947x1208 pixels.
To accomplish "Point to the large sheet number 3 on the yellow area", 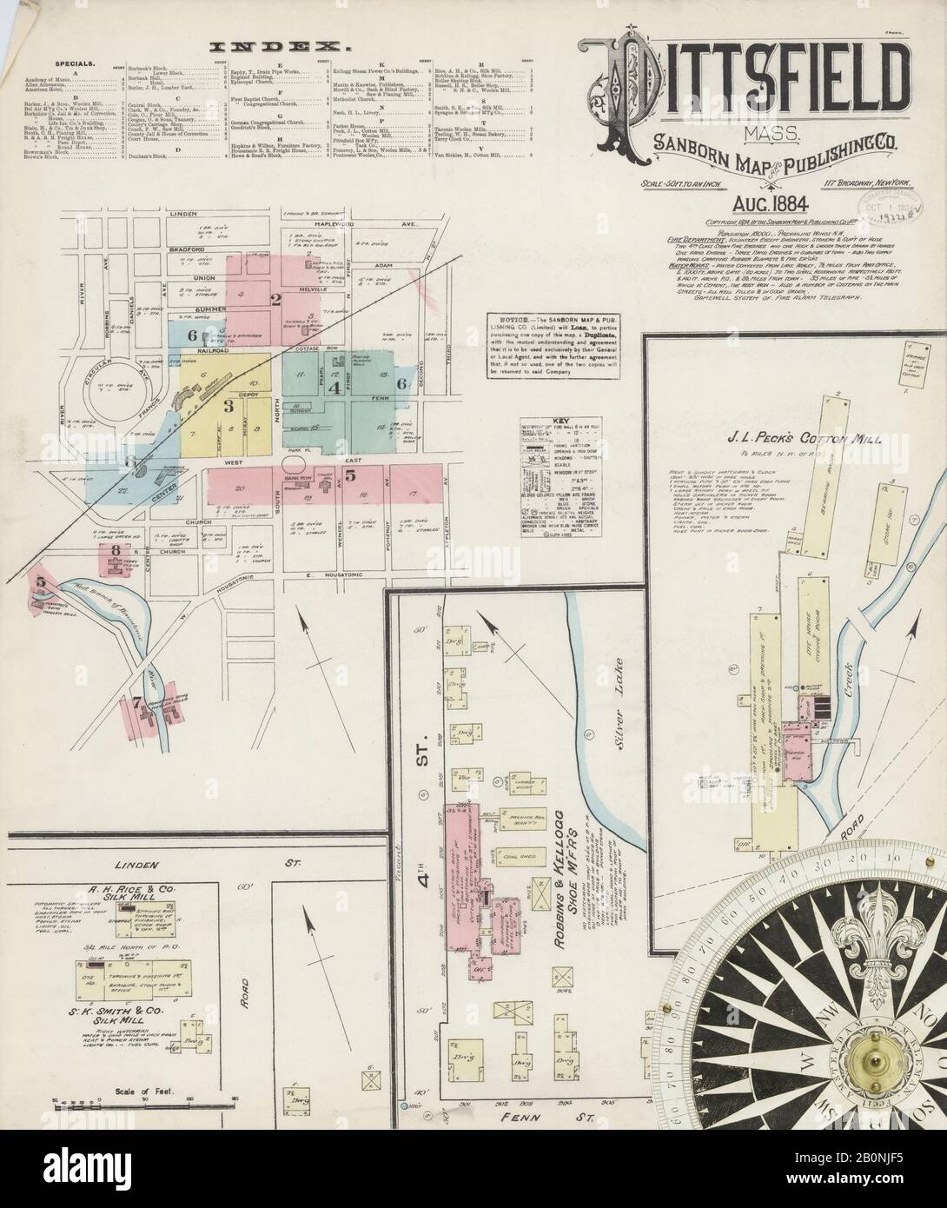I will click(228, 405).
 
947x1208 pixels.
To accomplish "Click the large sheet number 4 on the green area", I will click(334, 388).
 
